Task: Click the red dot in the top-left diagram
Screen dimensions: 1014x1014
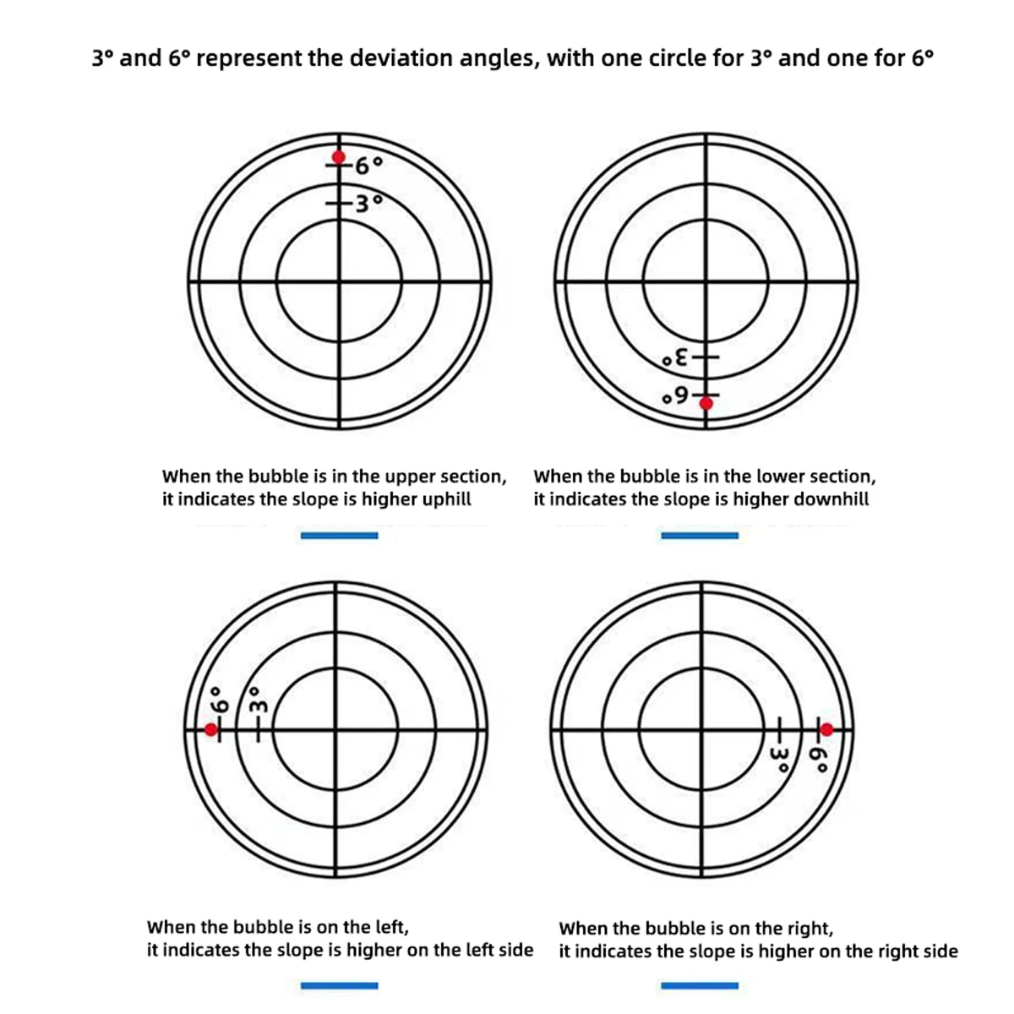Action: pos(339,157)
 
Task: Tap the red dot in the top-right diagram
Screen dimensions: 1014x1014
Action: pos(706,403)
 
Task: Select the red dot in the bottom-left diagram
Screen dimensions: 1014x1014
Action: pos(211,729)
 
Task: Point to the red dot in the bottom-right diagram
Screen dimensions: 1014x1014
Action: pos(826,729)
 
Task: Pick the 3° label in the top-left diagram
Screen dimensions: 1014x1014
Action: pos(367,204)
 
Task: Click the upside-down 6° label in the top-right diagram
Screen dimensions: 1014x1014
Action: pos(678,395)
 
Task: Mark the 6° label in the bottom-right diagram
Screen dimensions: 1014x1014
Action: pos(819,758)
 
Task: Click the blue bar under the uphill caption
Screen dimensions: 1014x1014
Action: pos(339,535)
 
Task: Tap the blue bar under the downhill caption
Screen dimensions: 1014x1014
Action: pos(700,535)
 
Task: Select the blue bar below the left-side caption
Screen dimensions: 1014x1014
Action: pos(339,985)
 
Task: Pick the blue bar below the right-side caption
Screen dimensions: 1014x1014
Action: pos(700,985)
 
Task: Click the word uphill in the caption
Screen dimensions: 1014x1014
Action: pos(446,499)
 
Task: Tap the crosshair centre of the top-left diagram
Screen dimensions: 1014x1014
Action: pos(340,281)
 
